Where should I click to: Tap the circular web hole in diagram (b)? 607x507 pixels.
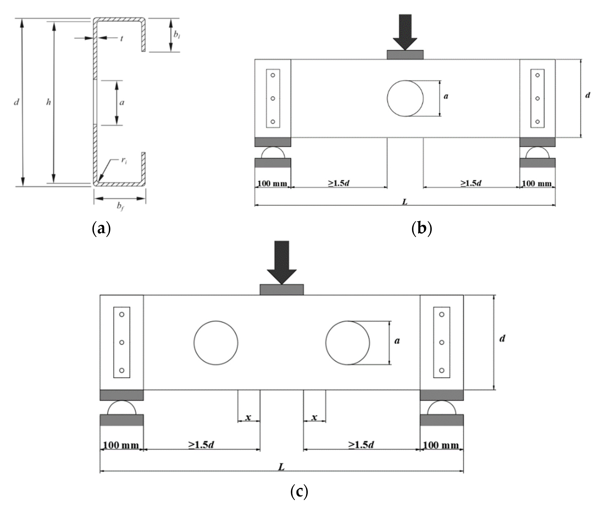[x=405, y=98]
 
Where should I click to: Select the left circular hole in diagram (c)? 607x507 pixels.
[x=216, y=343]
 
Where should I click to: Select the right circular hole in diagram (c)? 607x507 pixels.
[x=347, y=343]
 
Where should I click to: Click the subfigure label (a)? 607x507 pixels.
[x=101, y=228]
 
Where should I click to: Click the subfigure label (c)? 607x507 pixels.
[x=299, y=491]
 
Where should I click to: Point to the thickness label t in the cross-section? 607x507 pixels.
[x=122, y=38]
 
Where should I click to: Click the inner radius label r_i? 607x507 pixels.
[x=124, y=161]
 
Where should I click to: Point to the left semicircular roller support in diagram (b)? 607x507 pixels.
[x=273, y=153]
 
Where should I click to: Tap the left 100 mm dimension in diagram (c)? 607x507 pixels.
[x=121, y=445]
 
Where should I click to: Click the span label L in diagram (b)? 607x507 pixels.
[x=405, y=202]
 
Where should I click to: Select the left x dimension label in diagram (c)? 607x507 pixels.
[x=248, y=417]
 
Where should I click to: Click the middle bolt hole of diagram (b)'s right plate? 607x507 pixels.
[x=537, y=98]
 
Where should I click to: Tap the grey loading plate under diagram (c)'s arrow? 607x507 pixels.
[x=282, y=290]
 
